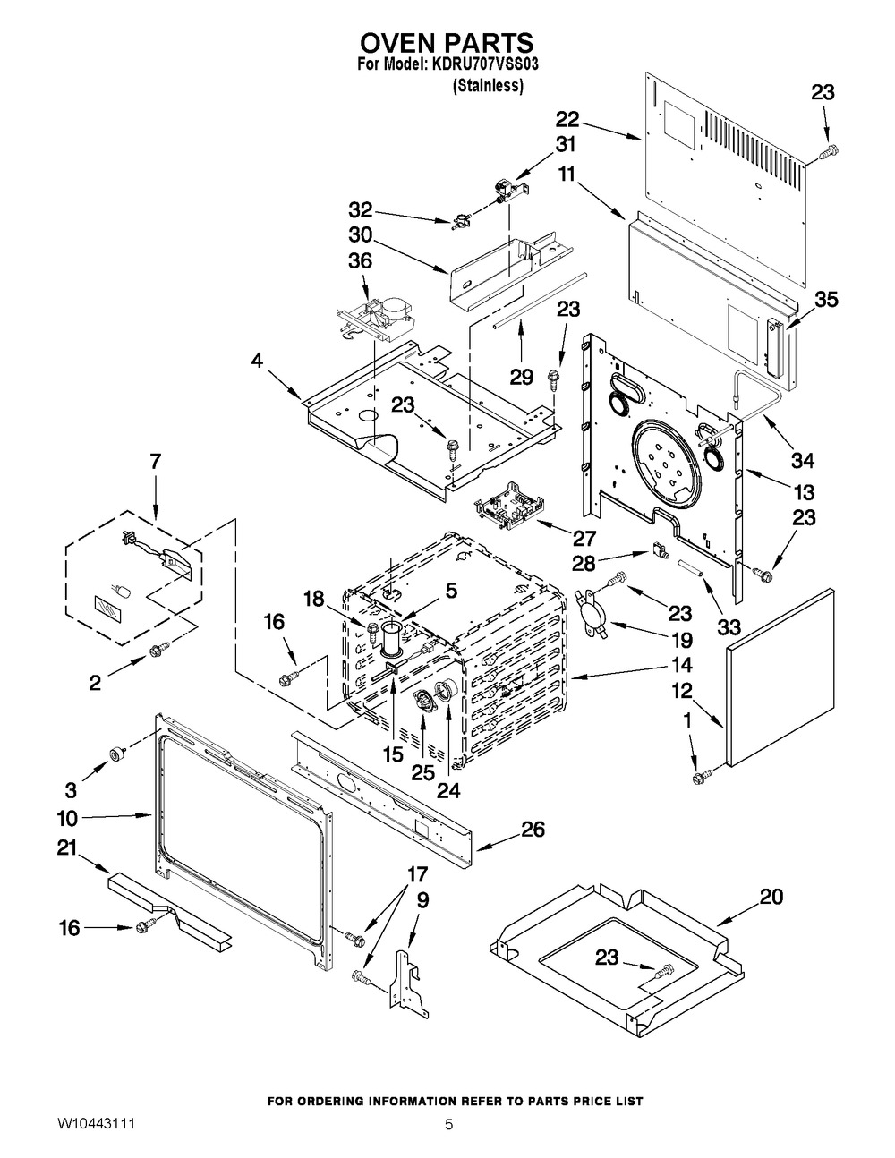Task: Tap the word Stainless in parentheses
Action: point(488,86)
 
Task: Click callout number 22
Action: point(567,120)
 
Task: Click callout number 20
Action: point(771,897)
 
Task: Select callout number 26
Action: point(533,830)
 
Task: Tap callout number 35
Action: point(826,300)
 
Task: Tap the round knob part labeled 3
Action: point(115,754)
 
